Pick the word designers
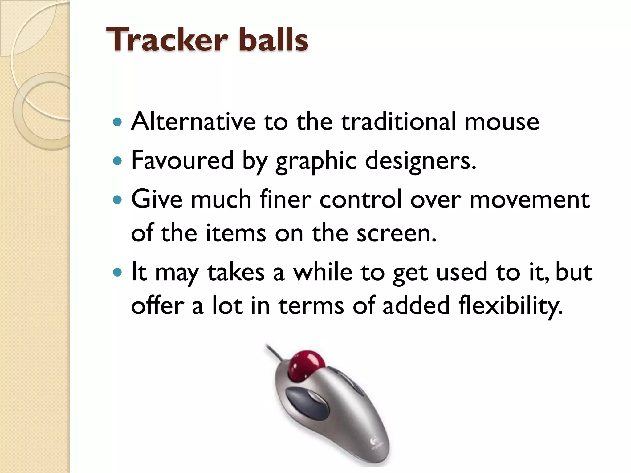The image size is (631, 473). click(420, 161)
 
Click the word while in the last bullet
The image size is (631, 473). click(322, 272)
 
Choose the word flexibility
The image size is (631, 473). click(510, 306)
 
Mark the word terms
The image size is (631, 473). click(311, 306)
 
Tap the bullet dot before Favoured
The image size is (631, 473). click(117, 161)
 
